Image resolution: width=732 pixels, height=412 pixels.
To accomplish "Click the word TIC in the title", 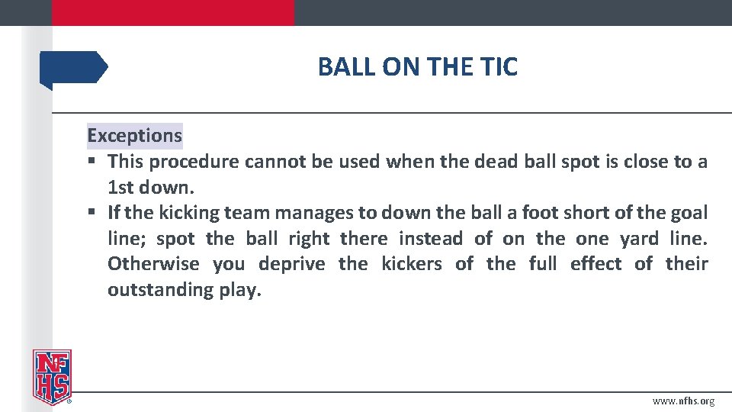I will click(x=499, y=67).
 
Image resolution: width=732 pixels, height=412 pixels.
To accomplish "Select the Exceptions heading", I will click(x=134, y=136).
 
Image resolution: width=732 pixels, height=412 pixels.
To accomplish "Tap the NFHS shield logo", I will click(x=51, y=376).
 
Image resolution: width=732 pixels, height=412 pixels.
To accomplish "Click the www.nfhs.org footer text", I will click(x=683, y=401).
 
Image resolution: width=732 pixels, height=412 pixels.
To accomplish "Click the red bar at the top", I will click(x=172, y=12).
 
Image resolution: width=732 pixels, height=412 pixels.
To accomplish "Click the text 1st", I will click(x=120, y=188).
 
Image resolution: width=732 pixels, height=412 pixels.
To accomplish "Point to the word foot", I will click(x=540, y=213).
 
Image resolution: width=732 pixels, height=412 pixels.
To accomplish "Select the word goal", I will click(x=689, y=213).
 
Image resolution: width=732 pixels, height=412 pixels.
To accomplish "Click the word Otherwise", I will click(x=153, y=264).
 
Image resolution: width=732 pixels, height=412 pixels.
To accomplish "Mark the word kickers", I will click(x=411, y=264).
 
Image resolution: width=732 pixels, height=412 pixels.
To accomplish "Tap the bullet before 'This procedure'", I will click(x=91, y=162).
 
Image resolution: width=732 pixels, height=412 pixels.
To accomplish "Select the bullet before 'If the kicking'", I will click(x=91, y=213).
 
